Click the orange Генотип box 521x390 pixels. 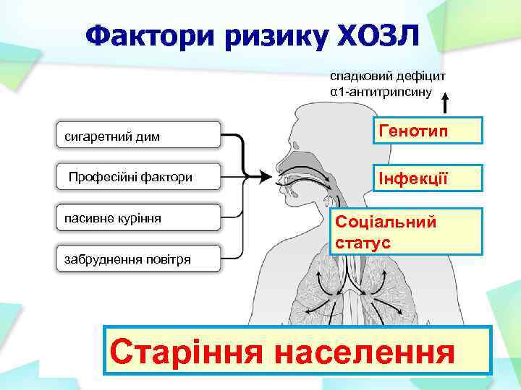427,131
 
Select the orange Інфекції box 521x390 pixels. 427,177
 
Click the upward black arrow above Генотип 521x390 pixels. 446,102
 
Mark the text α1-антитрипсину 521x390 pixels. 381,92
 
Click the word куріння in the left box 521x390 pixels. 137,217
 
